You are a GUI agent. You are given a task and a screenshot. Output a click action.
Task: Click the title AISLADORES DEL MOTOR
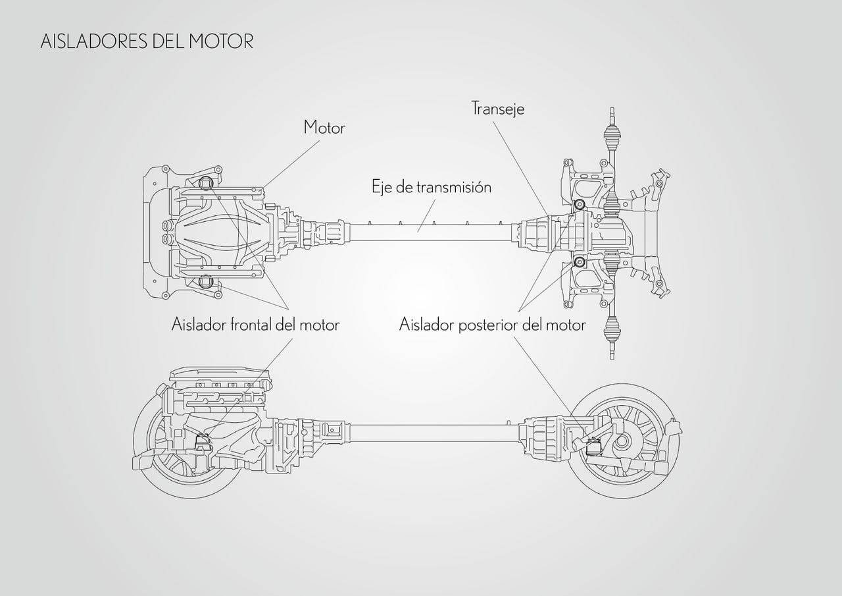point(147,41)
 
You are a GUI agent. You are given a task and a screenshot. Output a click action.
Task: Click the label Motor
point(324,128)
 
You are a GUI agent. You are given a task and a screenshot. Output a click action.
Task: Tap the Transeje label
point(498,109)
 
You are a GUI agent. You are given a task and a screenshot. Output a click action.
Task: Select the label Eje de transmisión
point(432,187)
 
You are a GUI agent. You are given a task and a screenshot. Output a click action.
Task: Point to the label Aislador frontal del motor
point(255,325)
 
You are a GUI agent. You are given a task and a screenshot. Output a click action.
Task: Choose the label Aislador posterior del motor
point(492,325)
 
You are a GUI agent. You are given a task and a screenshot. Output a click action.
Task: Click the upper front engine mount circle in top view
point(205,184)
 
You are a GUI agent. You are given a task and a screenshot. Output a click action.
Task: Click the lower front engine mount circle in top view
point(205,282)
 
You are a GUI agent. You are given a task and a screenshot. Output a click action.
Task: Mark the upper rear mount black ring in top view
point(580,204)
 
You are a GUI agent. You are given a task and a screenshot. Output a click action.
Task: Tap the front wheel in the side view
point(161,461)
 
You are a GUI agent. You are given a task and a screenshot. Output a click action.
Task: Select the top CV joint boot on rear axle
point(611,141)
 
